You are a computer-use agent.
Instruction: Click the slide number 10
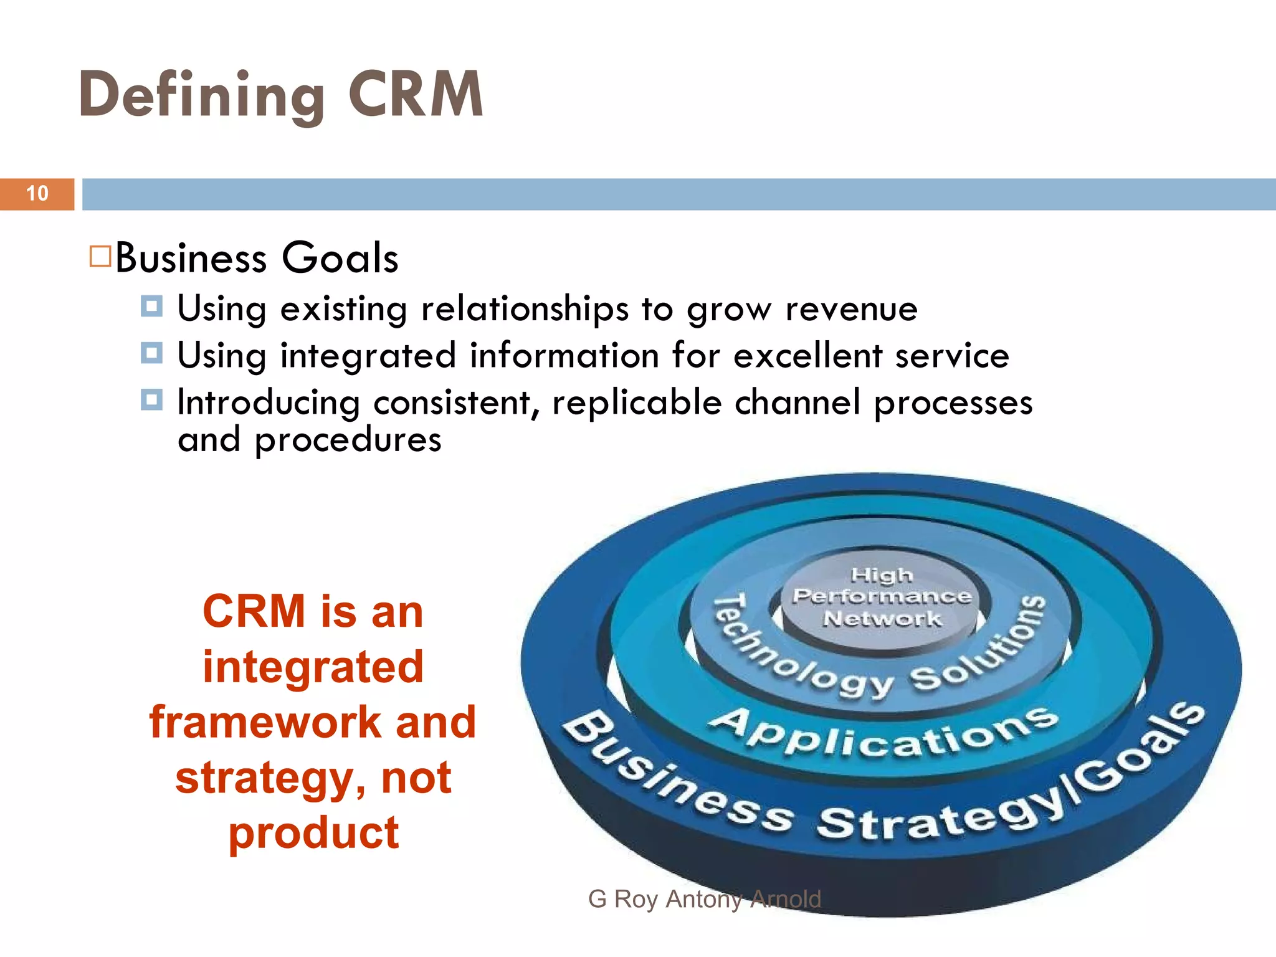(37, 194)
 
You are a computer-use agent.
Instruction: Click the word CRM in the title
(416, 95)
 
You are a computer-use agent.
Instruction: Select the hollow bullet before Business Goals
(100, 257)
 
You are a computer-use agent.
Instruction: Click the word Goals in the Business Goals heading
(340, 257)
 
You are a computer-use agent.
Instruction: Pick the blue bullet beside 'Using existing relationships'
(151, 307)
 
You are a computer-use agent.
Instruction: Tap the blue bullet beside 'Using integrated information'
(151, 353)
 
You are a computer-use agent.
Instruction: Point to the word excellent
(807, 356)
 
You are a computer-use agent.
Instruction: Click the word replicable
(637, 402)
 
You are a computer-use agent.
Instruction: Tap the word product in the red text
(313, 834)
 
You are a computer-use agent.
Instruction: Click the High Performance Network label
(882, 597)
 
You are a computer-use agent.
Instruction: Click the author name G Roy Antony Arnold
(705, 899)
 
